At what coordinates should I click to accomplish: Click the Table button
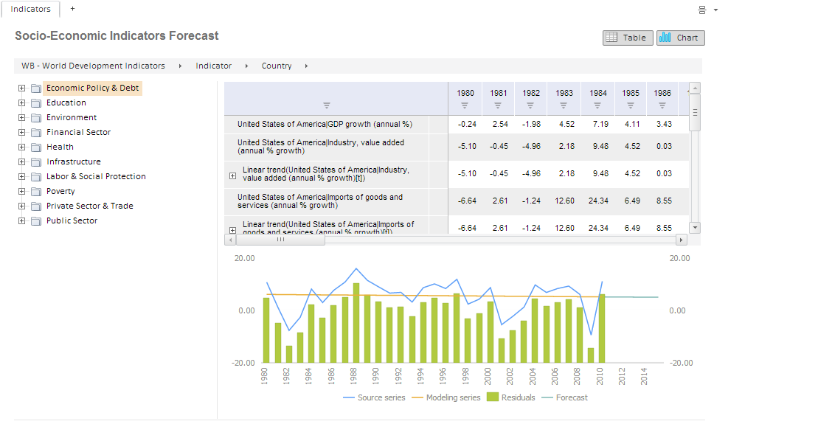tap(628, 38)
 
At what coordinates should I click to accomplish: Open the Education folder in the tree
tap(66, 102)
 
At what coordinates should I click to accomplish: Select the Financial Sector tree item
tap(78, 132)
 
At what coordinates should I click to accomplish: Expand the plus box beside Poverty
tap(22, 191)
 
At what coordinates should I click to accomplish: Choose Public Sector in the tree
tap(72, 220)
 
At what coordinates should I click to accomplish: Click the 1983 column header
tap(565, 94)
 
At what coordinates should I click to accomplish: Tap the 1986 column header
tap(662, 94)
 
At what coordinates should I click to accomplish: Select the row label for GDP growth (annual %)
tap(325, 124)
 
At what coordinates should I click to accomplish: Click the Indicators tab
tap(30, 9)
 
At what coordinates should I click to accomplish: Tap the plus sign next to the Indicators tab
tap(72, 9)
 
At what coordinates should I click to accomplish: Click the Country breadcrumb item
tap(277, 66)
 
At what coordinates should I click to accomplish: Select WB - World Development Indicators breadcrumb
tap(93, 66)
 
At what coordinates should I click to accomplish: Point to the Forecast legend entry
tap(572, 397)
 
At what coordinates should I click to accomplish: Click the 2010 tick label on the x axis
tap(603, 375)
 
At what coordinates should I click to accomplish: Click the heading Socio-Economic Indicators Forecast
tap(117, 35)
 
